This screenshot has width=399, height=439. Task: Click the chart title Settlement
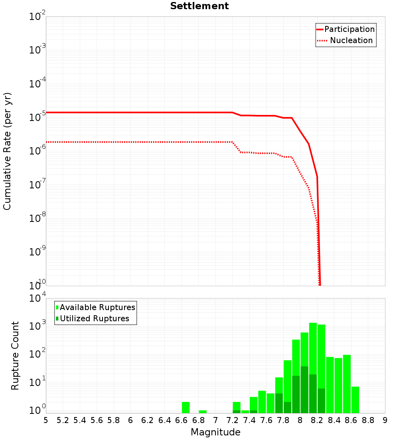pos(199,6)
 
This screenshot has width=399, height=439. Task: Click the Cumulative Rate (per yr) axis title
pos(8,151)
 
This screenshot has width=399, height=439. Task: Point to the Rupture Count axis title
pos(15,356)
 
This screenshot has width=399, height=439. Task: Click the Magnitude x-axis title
pos(215,432)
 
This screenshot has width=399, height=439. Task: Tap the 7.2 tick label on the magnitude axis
pos(233,420)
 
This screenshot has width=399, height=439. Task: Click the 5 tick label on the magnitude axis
pos(46,420)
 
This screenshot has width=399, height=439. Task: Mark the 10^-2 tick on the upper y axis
pos(37,17)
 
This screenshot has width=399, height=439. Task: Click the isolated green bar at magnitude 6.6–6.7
pos(186,407)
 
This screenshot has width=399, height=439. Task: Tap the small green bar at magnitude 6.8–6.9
pos(203,411)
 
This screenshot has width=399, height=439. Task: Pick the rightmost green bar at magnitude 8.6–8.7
pos(355,399)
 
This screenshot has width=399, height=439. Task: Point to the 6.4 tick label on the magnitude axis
pos(165,420)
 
